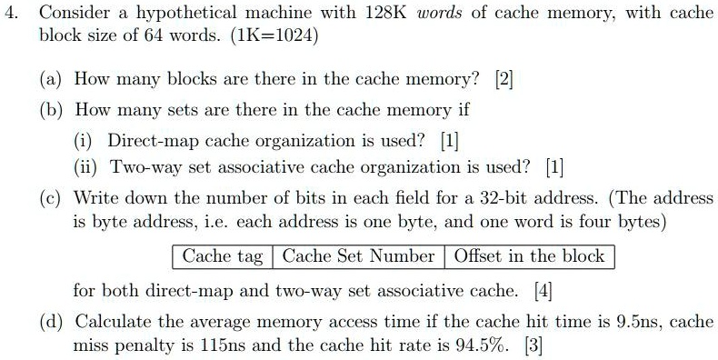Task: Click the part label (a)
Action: point(53,79)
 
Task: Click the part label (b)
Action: point(53,111)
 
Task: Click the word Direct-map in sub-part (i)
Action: point(154,141)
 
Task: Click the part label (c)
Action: point(53,198)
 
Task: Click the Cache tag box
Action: point(222,256)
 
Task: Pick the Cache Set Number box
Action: point(358,256)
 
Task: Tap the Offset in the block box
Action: point(529,256)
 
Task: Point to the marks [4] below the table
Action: point(543,292)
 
